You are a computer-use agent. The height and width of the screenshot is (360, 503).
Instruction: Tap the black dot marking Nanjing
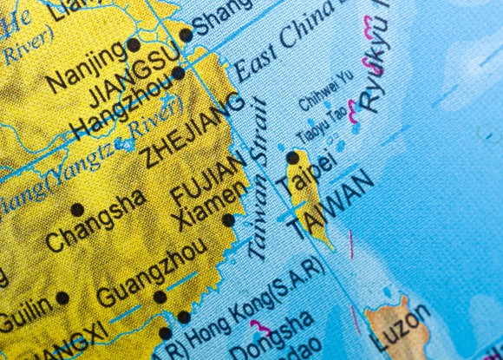pos(134,44)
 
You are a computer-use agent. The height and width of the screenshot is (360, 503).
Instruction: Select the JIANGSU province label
pos(134,73)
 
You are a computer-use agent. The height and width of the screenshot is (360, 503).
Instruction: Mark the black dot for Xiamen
pos(228,220)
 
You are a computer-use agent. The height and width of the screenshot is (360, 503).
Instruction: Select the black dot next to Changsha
pos(77,209)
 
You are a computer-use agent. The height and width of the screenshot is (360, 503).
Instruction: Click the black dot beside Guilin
pos(62,298)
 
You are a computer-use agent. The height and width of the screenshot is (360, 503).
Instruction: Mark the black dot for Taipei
pos(293,158)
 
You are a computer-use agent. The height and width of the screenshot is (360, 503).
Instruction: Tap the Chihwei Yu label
pos(326,92)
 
